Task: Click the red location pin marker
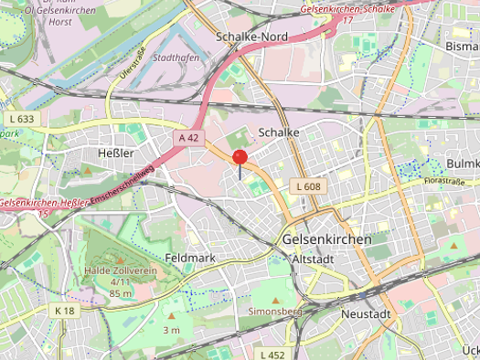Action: [x=240, y=157]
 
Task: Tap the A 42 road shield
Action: [x=189, y=137]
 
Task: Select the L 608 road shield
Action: [x=307, y=186]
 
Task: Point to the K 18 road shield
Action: [x=65, y=312]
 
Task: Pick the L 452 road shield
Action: [x=272, y=354]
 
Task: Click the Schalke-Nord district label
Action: [x=251, y=37]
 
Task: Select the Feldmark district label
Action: [x=190, y=259]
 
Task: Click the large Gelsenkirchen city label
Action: [x=327, y=239]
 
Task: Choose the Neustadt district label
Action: [x=365, y=313]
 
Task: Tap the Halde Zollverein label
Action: [x=122, y=270]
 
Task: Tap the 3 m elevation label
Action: [x=171, y=329]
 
